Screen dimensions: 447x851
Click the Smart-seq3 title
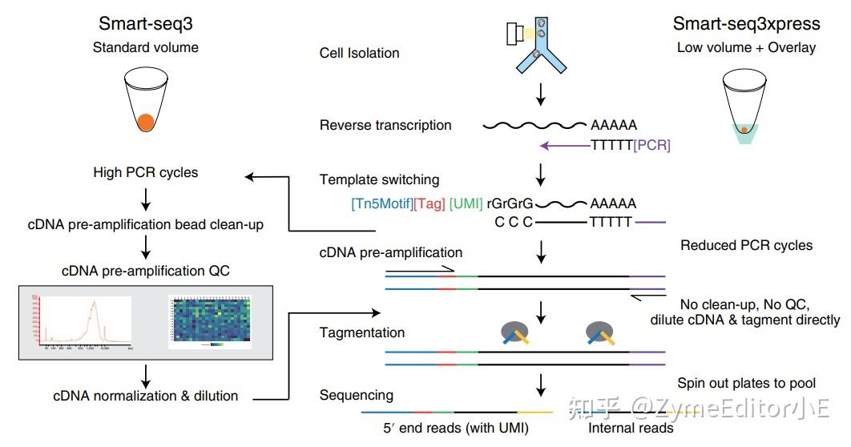[x=145, y=23]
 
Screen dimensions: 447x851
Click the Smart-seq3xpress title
[x=745, y=23]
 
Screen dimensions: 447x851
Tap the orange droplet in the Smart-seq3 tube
[x=145, y=122]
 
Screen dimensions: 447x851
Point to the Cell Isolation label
[x=359, y=54]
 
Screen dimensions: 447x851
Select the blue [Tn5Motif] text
[x=382, y=203]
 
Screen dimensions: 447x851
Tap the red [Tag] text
[x=430, y=203]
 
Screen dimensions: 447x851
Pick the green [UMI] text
[x=466, y=203]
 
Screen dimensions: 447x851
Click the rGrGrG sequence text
[x=510, y=203]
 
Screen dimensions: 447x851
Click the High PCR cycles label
[x=145, y=172]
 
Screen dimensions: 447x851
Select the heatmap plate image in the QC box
[x=210, y=321]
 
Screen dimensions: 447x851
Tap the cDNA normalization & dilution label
[x=145, y=395]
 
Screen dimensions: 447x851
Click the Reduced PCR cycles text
[x=746, y=245]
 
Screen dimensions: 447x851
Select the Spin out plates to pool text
[x=747, y=383]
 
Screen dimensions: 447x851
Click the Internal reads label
[x=631, y=428]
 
